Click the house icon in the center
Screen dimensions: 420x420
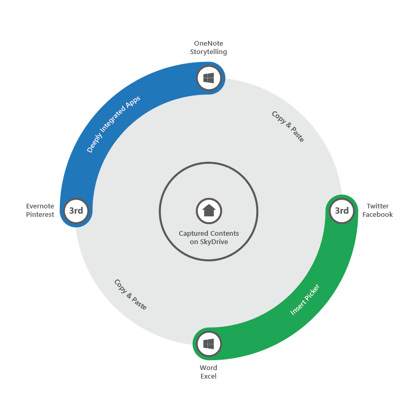coord(209,211)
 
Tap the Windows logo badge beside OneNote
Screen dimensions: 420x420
coord(209,78)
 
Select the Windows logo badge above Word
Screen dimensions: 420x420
coord(208,344)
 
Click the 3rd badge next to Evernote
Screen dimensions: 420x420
coord(76,211)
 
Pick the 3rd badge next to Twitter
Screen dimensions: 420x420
coord(342,211)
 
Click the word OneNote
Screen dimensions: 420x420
coord(208,43)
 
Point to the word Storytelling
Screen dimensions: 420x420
coord(208,52)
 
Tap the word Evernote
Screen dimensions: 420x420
coord(40,206)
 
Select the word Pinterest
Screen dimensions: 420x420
coord(40,215)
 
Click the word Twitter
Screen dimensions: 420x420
coord(377,206)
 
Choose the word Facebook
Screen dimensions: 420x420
coord(377,215)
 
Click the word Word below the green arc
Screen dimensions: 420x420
coord(208,367)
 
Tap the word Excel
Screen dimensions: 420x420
coord(208,376)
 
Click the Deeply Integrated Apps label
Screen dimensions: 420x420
coord(113,124)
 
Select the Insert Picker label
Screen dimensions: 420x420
coord(305,300)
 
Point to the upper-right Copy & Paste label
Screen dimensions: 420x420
coord(288,127)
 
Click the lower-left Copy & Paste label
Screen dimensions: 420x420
coord(130,295)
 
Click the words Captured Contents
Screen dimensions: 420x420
coord(209,233)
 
